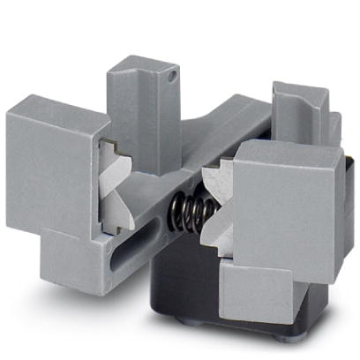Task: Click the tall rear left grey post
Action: [141, 106]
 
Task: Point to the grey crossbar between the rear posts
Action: [229, 132]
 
